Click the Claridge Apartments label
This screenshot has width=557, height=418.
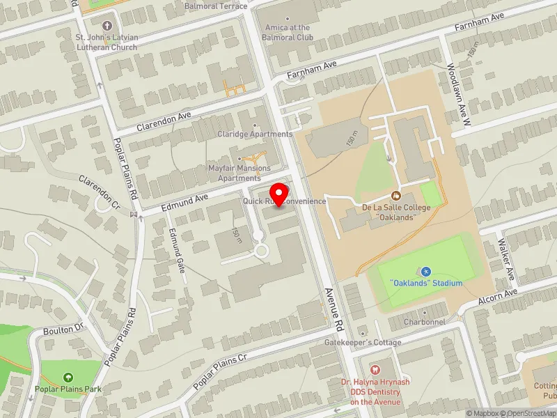point(255,134)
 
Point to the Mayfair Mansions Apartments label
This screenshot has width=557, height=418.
point(240,173)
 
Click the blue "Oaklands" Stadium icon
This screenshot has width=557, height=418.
point(426,271)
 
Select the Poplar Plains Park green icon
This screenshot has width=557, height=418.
point(68,377)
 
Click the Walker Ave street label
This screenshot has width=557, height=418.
point(506,260)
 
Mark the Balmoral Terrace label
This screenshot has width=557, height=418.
point(216,6)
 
